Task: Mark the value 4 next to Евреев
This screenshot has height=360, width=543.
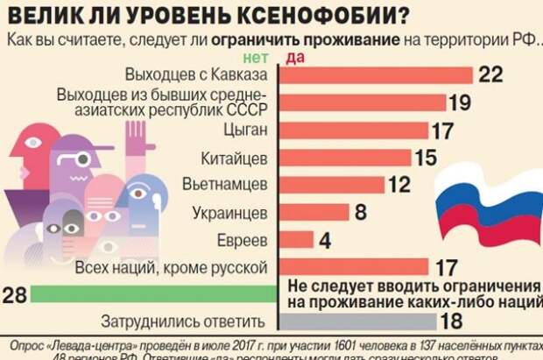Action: pos(325,239)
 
